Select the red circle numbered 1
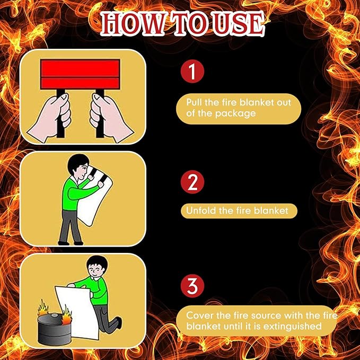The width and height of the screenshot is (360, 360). click(192, 71)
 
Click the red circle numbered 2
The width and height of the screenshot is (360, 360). click(192, 182)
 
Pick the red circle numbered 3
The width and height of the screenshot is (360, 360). click(192, 286)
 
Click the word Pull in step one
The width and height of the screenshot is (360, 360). click(194, 102)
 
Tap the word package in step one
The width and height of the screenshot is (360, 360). click(235, 114)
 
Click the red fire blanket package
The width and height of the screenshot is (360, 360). click(80, 74)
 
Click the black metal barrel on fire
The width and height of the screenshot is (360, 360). click(55, 329)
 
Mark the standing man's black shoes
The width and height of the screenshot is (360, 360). click(71, 243)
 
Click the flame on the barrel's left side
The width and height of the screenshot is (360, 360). click(43, 308)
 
